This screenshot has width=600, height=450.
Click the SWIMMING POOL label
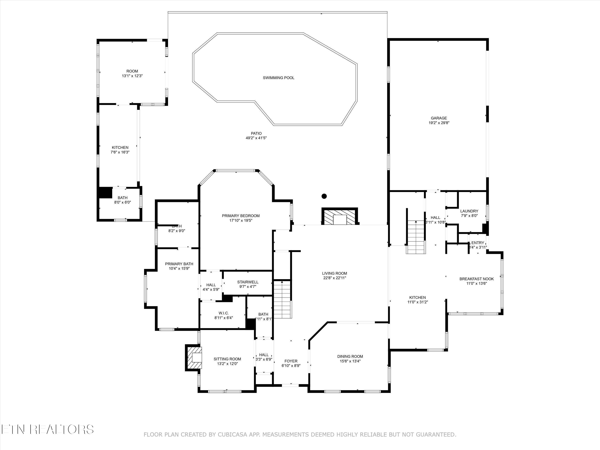tap(278, 78)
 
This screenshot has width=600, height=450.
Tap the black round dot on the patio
tap(324, 196)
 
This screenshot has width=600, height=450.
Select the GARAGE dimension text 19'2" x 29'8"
tap(439, 123)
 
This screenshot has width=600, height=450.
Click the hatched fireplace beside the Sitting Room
tap(194, 357)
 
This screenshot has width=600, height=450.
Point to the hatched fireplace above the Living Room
tap(340, 216)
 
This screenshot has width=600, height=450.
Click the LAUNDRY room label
tap(469, 211)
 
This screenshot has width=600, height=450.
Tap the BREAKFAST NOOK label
tap(476, 279)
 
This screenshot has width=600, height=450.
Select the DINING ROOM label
tap(350, 356)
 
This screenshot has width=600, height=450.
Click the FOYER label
tap(291, 361)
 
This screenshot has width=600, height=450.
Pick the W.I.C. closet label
tap(224, 313)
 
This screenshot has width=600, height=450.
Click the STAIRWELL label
tap(247, 282)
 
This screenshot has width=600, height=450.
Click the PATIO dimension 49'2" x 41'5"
tap(256, 138)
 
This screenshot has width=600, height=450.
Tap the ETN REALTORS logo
tap(47, 429)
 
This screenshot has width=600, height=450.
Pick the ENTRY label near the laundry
tap(477, 243)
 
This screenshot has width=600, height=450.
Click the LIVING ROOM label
tap(334, 273)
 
